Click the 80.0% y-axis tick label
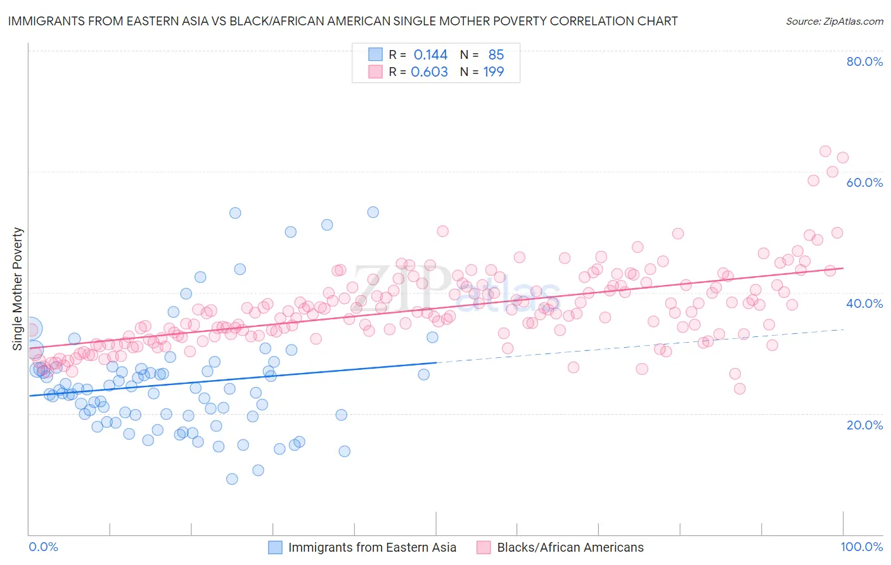(864, 61)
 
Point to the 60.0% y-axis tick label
(864, 182)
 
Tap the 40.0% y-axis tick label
(864, 303)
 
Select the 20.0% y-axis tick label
(864, 425)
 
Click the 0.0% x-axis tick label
(43, 547)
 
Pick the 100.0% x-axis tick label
(861, 547)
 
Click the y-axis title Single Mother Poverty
(18, 289)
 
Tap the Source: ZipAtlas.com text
(834, 22)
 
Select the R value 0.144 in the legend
(430, 55)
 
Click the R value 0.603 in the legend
(429, 72)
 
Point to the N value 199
(494, 72)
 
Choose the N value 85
(496, 55)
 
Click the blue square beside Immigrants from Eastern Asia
(275, 547)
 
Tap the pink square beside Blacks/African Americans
(484, 547)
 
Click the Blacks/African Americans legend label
(570, 547)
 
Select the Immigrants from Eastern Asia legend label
(372, 547)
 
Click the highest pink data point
(825, 151)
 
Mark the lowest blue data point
(232, 479)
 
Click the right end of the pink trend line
(843, 268)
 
